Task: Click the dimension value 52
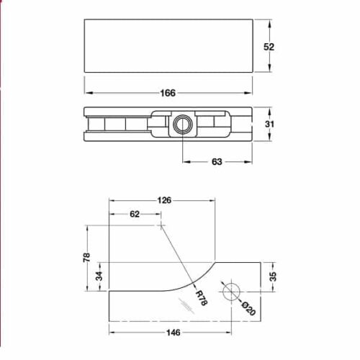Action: pyautogui.click(x=269, y=46)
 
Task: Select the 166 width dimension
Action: pyautogui.click(x=168, y=93)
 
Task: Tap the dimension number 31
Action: pyautogui.click(x=269, y=125)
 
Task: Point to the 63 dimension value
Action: pyautogui.click(x=216, y=162)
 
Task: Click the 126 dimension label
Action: pyautogui.click(x=163, y=201)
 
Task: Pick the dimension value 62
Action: pyautogui.click(x=134, y=214)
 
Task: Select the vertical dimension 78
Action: pyautogui.click(x=86, y=258)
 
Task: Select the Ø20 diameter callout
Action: pyautogui.click(x=246, y=307)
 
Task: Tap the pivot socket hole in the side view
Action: pyautogui.click(x=180, y=125)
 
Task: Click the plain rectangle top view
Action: pyautogui.click(x=168, y=46)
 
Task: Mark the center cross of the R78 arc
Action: pyautogui.click(x=160, y=225)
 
